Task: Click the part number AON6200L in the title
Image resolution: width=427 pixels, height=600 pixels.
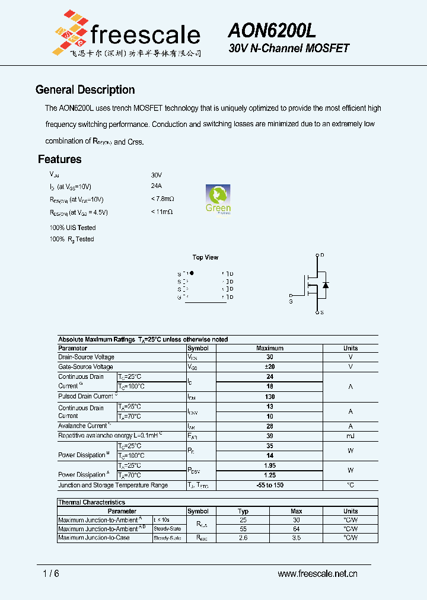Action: (x=272, y=30)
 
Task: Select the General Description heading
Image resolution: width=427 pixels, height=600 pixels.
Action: (x=85, y=90)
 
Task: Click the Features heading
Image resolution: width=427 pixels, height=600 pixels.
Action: (x=59, y=159)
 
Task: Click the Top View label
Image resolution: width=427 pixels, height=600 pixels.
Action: (x=205, y=257)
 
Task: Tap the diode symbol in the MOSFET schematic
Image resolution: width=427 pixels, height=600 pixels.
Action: (x=325, y=285)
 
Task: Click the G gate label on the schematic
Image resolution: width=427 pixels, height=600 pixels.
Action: (x=291, y=302)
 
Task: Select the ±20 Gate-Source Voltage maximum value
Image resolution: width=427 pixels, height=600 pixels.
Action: (x=270, y=367)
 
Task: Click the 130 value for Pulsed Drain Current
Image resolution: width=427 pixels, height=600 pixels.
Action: (x=270, y=397)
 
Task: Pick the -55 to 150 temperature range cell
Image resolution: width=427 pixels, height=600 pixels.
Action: (x=270, y=485)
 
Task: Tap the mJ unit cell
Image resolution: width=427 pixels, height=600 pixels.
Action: (x=350, y=436)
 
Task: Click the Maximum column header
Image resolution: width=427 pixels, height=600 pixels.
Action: (x=270, y=348)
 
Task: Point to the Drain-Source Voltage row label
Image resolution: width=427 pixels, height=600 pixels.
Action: (x=86, y=357)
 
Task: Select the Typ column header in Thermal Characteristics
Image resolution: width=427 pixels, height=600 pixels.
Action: (x=243, y=511)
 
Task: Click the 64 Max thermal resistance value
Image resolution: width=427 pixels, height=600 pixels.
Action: (x=297, y=528)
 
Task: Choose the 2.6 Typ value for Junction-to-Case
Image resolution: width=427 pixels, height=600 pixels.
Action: (x=243, y=538)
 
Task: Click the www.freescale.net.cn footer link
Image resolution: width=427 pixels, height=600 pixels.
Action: (x=318, y=574)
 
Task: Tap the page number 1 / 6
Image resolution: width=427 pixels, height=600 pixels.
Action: (x=51, y=574)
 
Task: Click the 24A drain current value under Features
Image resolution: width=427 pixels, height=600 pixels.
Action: (x=157, y=186)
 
